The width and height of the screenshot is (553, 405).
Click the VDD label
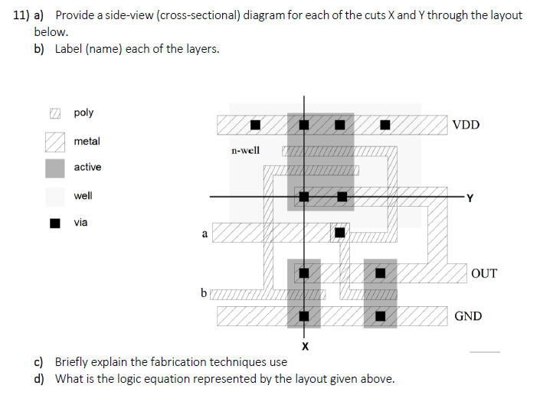tap(466, 125)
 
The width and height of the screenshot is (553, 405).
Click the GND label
tap(468, 315)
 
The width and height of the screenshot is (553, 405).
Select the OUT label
tap(483, 273)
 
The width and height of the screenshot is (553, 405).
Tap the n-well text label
tap(245, 150)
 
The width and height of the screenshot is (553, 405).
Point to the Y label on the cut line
tap(470, 201)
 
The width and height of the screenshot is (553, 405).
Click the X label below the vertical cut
tap(305, 347)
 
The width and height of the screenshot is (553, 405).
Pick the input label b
tap(203, 292)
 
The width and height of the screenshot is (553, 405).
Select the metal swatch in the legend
tap(54, 142)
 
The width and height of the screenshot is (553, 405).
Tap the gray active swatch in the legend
tap(54, 168)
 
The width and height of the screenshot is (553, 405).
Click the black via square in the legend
tap(54, 224)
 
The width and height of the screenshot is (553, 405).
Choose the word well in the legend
tap(83, 195)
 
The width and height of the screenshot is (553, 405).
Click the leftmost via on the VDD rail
tap(256, 124)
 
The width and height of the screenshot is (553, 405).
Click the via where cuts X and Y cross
tap(305, 197)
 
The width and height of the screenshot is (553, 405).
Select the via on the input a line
tap(339, 232)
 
